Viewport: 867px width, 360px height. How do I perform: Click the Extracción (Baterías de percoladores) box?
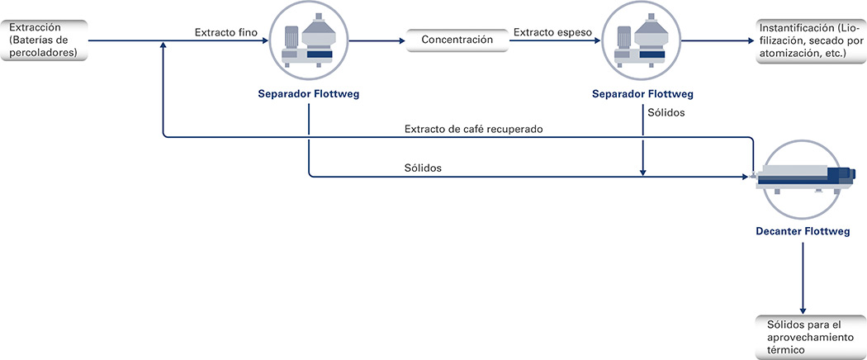(44, 40)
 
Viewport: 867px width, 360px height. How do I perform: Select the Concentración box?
(457, 40)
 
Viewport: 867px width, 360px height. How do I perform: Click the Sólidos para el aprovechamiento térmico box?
(811, 337)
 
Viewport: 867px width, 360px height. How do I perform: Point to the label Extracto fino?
(225, 33)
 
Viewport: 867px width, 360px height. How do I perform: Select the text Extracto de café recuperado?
(474, 129)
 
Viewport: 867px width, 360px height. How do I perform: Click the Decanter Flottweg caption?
(803, 232)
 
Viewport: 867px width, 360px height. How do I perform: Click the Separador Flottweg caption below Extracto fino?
(309, 94)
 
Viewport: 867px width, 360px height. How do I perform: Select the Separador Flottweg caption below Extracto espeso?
(642, 94)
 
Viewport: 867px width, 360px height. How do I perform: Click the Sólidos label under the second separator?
(666, 113)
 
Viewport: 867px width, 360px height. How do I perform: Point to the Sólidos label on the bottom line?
(423, 168)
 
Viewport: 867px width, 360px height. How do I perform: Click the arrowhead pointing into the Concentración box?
(402, 40)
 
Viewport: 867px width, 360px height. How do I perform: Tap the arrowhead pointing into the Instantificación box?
(751, 40)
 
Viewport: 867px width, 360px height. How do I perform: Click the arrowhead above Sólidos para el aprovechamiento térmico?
(803, 310)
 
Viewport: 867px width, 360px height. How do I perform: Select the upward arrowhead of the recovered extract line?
(163, 45)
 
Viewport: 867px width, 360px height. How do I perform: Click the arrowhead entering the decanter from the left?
(744, 177)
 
